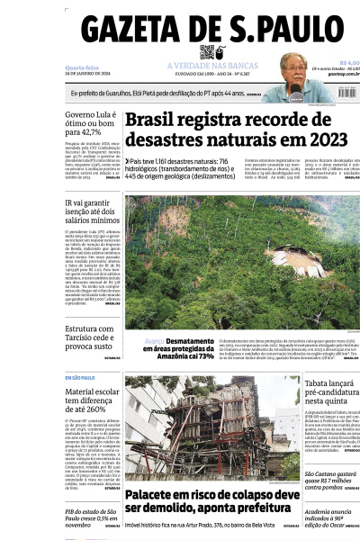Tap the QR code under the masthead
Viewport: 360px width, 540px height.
[x=207, y=52]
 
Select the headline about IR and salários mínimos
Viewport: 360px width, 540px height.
[x=91, y=211]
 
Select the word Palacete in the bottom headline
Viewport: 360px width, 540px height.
[x=157, y=496]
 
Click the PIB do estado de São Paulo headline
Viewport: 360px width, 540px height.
[x=91, y=519]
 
